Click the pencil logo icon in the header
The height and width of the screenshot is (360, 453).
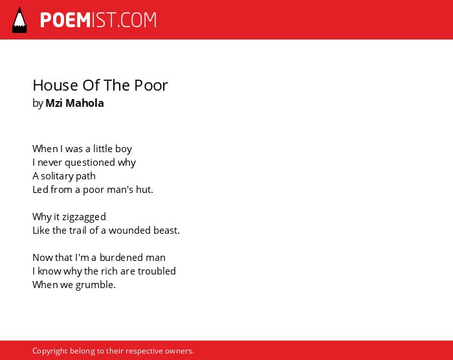19,20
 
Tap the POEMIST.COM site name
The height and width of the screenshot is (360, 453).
98,20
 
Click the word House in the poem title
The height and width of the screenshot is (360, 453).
55,85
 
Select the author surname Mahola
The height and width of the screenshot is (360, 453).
85,103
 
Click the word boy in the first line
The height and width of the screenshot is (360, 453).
124,149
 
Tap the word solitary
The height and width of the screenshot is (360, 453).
57,176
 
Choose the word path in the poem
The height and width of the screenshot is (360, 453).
85,176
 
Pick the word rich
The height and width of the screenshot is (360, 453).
109,271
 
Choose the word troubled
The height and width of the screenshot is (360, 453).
157,271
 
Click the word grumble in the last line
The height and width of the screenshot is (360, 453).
95,285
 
